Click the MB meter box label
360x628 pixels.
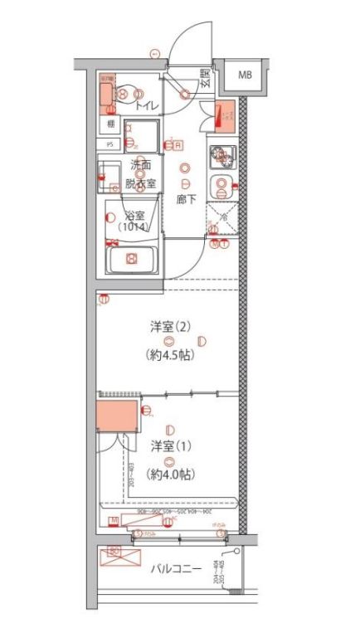(245, 75)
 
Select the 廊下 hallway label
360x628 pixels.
(187, 199)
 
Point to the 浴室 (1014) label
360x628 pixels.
(133, 221)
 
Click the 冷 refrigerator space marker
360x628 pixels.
(221, 217)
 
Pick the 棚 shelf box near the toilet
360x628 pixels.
(109, 124)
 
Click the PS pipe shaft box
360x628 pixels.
(109, 143)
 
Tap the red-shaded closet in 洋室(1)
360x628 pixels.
(118, 416)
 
